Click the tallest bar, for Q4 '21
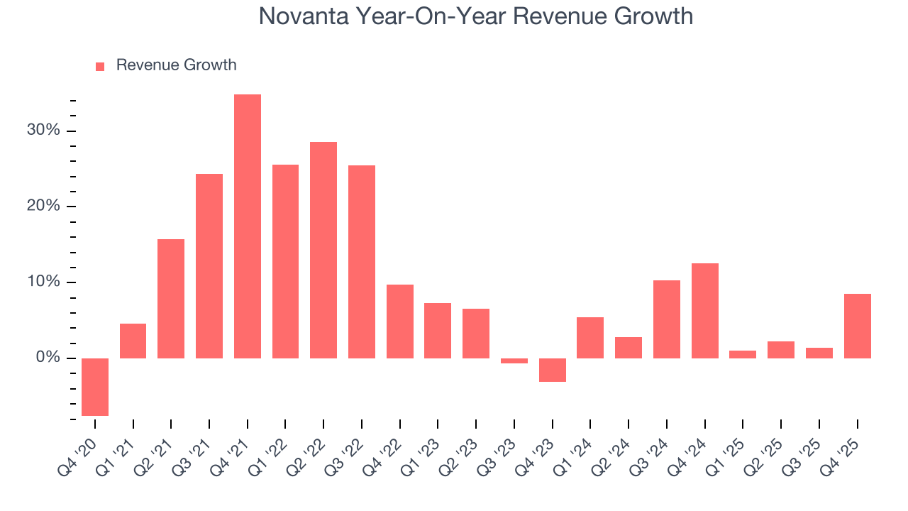coord(248,226)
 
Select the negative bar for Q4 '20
coord(95,387)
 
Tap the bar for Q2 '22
coord(323,250)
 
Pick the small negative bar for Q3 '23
coord(514,361)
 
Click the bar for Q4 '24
coord(705,310)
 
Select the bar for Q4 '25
coord(857,326)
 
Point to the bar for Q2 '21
coord(171,298)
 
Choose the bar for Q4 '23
coord(553,370)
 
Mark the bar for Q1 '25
coord(743,354)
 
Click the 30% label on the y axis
coord(44,131)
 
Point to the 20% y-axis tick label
coord(44,207)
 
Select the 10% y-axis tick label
coord(44,282)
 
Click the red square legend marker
coord(100,66)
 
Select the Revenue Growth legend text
coord(176,65)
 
